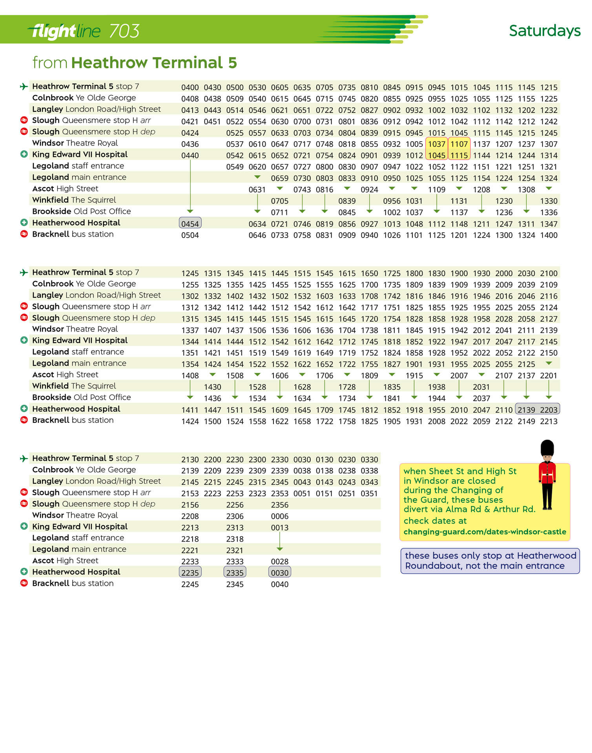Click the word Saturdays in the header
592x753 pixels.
pos(544,31)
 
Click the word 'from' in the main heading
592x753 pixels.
pos(50,63)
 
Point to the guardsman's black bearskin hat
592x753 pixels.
pos(547,447)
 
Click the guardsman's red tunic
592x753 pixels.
pos(547,473)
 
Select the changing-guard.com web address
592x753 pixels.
pos(485,532)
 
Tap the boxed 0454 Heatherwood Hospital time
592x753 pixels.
pos(190,224)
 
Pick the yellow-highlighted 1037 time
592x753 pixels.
pos(436,144)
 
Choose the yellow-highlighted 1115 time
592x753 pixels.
pos(459,156)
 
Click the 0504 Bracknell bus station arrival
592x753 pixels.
pos(190,235)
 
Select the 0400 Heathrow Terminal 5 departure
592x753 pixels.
pos(190,87)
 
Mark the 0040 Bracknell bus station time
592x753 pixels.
pos(279,584)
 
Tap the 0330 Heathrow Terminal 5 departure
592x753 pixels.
pos(369,460)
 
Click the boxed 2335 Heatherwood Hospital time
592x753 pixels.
pos(235,573)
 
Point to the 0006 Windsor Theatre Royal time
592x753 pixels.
pos(279,517)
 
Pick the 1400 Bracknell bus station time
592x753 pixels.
pos(548,235)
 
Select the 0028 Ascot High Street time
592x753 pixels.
pos(279,562)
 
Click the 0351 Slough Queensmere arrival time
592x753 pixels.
pos(369,494)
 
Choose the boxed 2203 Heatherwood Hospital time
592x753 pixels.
pos(548,410)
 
